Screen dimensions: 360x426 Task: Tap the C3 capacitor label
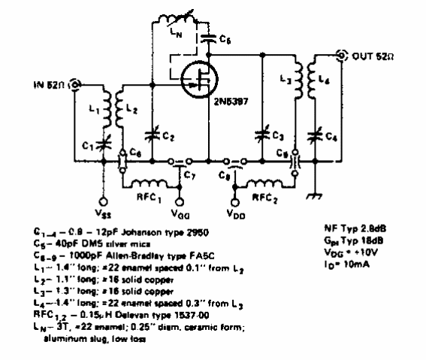pyautogui.click(x=278, y=136)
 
